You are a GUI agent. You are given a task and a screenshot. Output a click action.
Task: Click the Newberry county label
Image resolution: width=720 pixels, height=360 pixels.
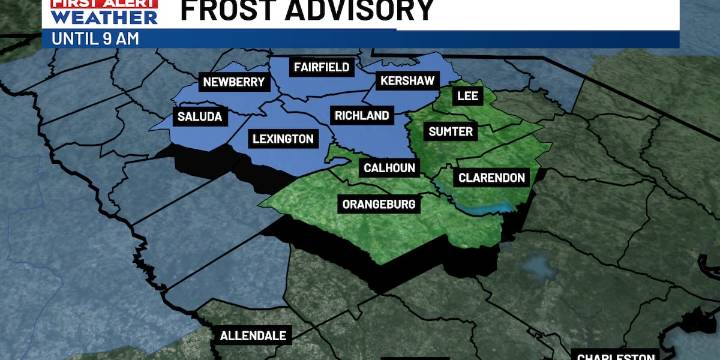pyautogui.click(x=232, y=82)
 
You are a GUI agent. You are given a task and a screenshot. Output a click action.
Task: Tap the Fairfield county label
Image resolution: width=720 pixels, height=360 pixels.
pyautogui.click(x=320, y=67)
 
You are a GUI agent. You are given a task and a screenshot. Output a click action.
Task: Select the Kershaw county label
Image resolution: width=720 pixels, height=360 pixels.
pyautogui.click(x=404, y=81)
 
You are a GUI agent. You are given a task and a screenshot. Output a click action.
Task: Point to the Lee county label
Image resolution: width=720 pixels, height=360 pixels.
pyautogui.click(x=467, y=96)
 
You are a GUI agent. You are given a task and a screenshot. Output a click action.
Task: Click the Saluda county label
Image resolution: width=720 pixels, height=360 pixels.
pyautogui.click(x=199, y=117)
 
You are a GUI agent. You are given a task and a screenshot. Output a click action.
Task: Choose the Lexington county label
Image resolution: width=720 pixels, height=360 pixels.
pyautogui.click(x=283, y=139)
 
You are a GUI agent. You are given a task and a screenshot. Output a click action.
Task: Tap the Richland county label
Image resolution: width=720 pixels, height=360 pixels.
pyautogui.click(x=361, y=116)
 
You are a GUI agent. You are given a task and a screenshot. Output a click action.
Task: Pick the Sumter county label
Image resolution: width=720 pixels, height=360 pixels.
pyautogui.click(x=451, y=131)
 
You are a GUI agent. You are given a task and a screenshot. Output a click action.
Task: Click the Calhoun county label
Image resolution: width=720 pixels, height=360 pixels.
pyautogui.click(x=388, y=168)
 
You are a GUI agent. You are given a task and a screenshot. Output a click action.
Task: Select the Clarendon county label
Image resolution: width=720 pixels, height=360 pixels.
pyautogui.click(x=491, y=178)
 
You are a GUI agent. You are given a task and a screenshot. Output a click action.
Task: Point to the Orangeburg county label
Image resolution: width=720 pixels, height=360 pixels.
pyautogui.click(x=379, y=204)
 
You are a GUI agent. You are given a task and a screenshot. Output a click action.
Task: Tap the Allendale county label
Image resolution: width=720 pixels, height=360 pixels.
pyautogui.click(x=253, y=335)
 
